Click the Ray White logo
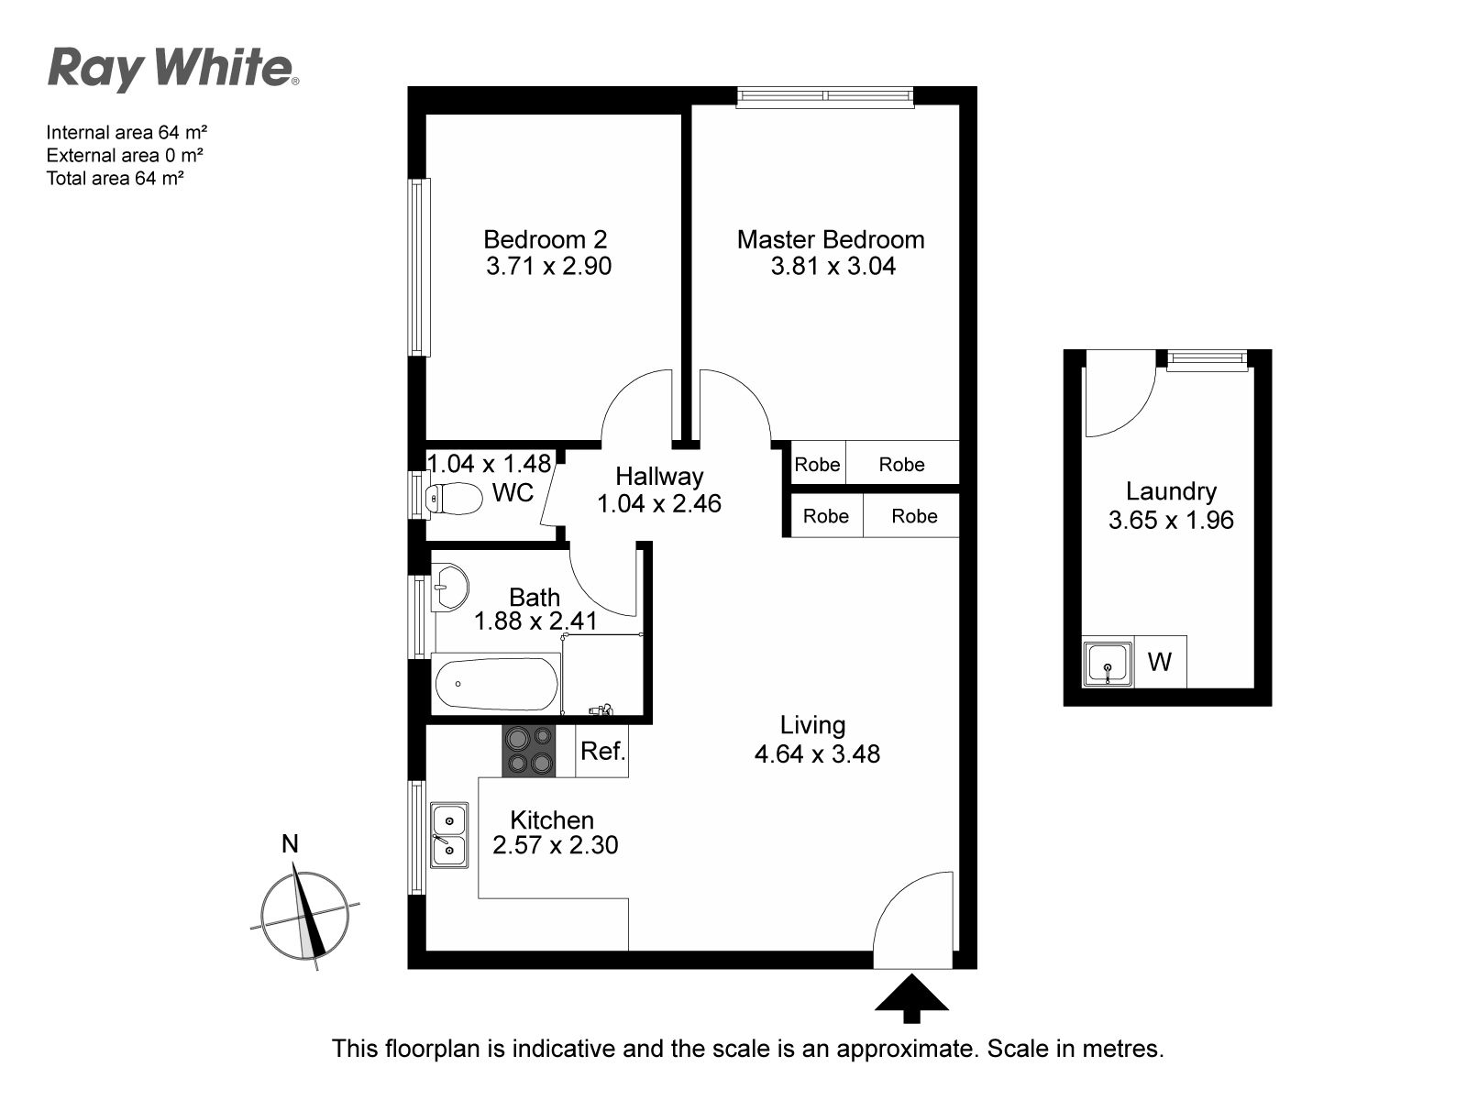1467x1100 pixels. pyautogui.click(x=173, y=70)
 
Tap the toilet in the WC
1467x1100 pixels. pyautogui.click(x=454, y=499)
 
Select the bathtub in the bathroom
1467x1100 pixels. pyautogui.click(x=497, y=684)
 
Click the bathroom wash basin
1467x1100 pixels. pyautogui.click(x=449, y=588)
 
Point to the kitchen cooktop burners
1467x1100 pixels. pyautogui.click(x=529, y=751)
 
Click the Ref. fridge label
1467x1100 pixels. pyautogui.click(x=602, y=752)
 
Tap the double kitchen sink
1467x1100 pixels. pyautogui.click(x=449, y=835)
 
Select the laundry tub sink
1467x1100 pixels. pyautogui.click(x=1108, y=664)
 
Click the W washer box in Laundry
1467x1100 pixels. pyautogui.click(x=1160, y=662)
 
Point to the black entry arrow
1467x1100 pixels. pyautogui.click(x=911, y=998)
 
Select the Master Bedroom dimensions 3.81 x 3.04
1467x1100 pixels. pyautogui.click(x=833, y=266)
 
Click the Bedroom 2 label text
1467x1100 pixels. pyautogui.click(x=546, y=239)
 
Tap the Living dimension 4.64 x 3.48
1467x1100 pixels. pyautogui.click(x=817, y=754)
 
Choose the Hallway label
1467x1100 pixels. pyautogui.click(x=659, y=476)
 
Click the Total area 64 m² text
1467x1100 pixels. pyautogui.click(x=115, y=179)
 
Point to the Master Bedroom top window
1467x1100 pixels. pyautogui.click(x=824, y=97)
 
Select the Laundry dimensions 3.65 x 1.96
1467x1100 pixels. pyautogui.click(x=1171, y=520)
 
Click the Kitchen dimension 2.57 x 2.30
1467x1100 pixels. pyautogui.click(x=556, y=845)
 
